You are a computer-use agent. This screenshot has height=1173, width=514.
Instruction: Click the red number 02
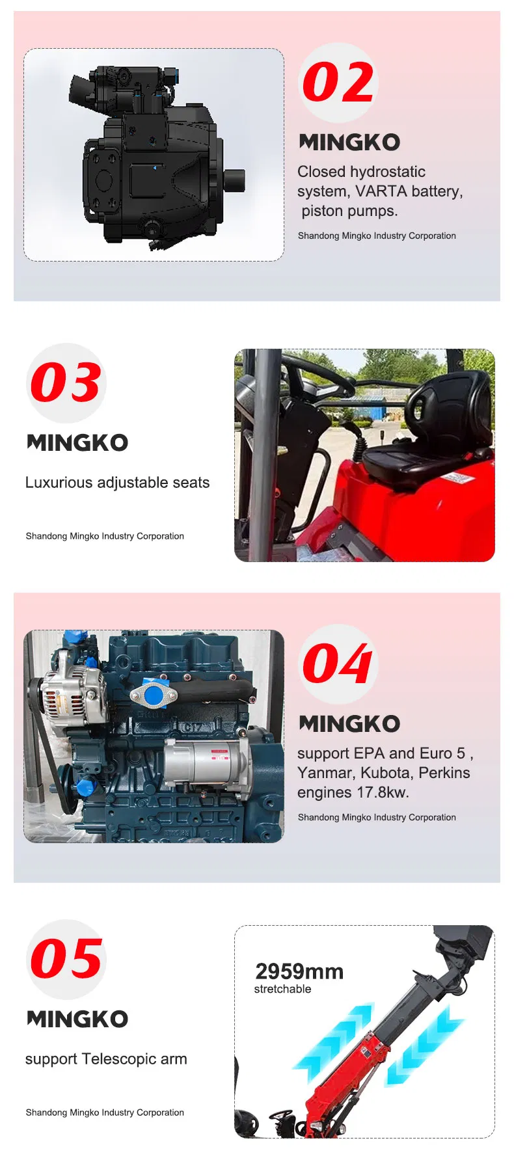click(338, 83)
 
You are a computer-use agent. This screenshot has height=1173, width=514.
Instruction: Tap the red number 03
click(66, 383)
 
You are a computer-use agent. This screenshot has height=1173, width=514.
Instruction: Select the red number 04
click(337, 664)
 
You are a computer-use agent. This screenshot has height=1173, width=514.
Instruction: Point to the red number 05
click(66, 959)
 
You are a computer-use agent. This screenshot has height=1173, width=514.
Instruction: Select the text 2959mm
click(299, 971)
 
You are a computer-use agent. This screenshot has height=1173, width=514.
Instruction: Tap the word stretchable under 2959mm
click(282, 989)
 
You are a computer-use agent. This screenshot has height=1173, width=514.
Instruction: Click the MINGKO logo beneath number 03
click(77, 443)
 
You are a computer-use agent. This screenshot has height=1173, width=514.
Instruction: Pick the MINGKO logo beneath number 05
click(77, 1019)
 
